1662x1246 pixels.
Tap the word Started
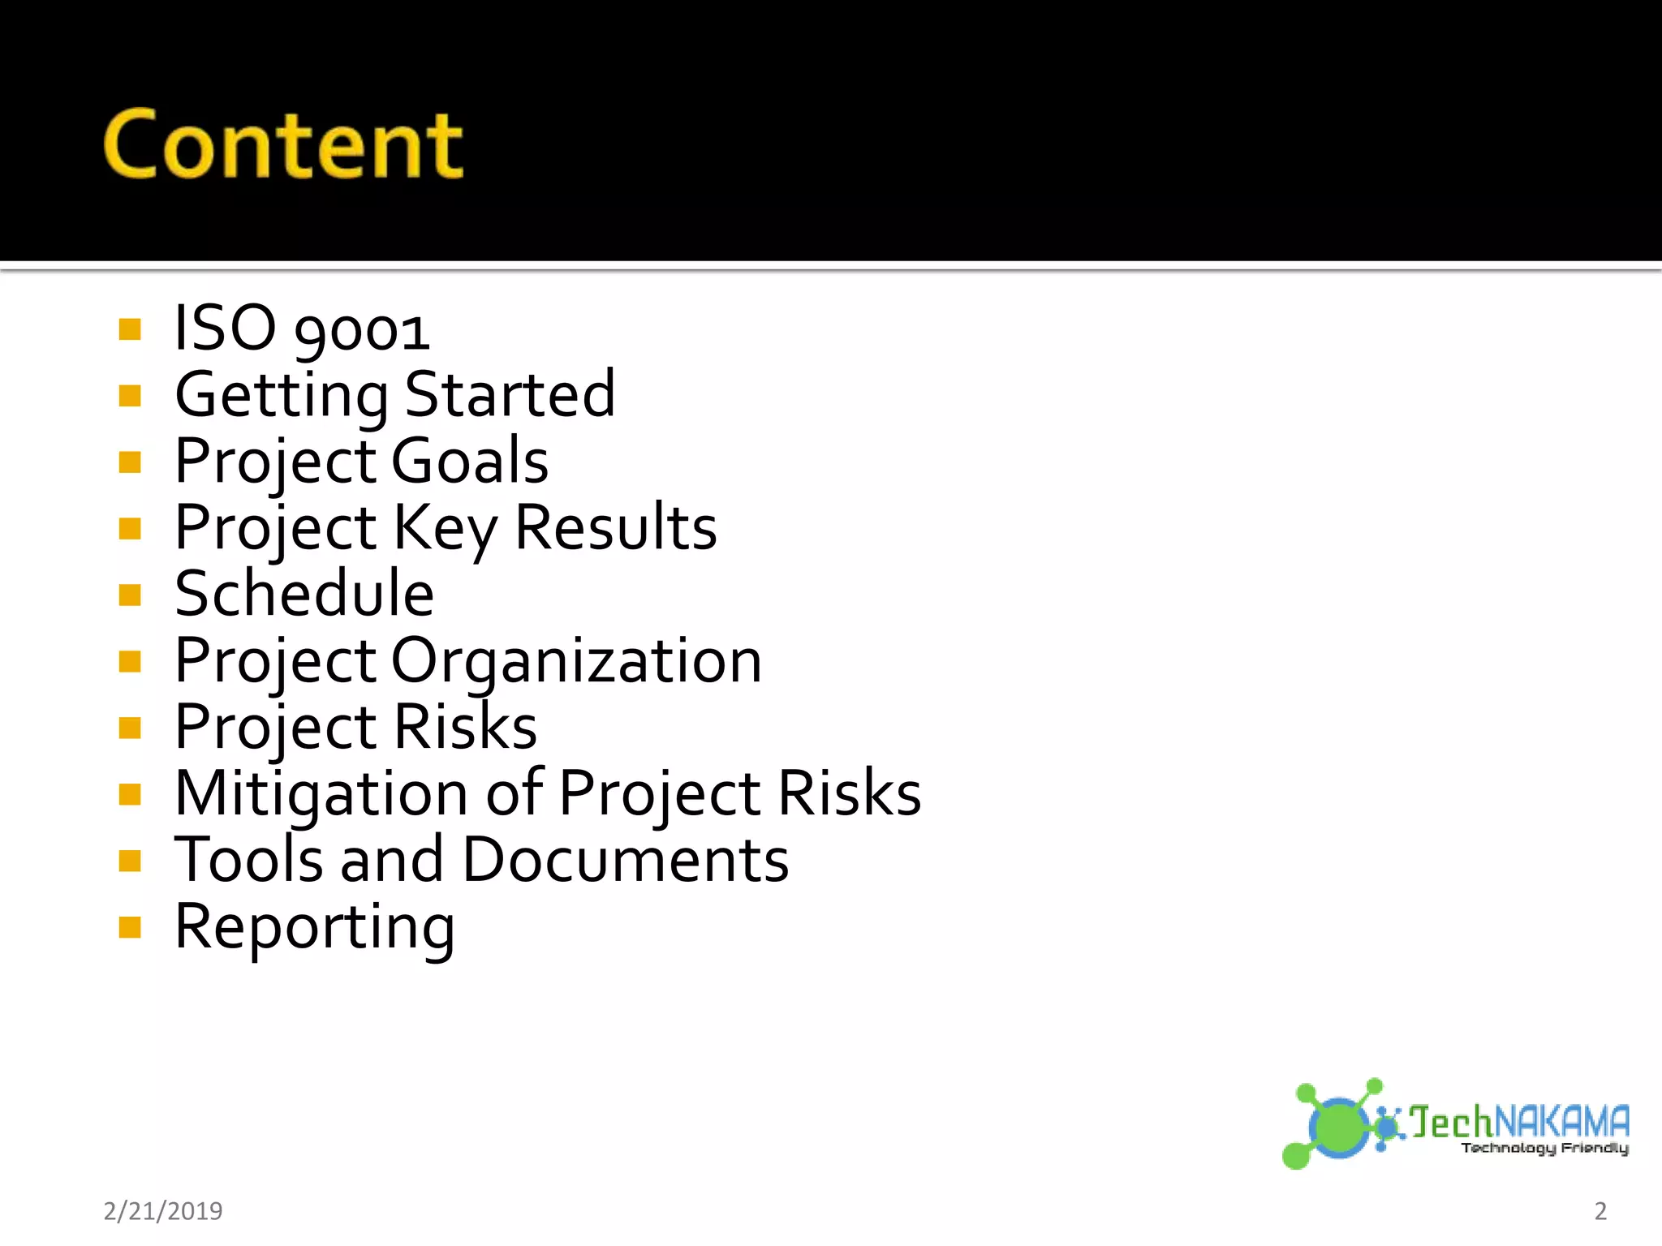coord(510,395)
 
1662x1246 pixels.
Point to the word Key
coord(445,529)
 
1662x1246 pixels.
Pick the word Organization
coord(576,662)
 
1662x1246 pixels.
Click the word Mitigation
coord(321,793)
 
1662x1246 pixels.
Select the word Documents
coord(625,860)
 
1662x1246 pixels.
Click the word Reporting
coord(315,928)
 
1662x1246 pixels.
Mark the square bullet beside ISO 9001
coord(130,329)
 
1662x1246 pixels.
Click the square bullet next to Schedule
coord(130,595)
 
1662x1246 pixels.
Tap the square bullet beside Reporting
coord(130,927)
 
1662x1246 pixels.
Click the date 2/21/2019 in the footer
coord(163,1211)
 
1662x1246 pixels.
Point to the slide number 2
coord(1600,1211)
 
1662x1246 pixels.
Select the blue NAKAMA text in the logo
coord(1561,1123)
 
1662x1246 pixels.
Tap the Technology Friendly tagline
coord(1544,1148)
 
